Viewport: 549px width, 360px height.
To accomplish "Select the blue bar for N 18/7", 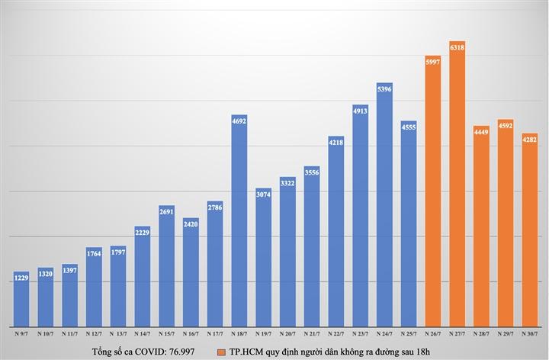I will [239, 221].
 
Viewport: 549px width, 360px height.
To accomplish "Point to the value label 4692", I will [239, 120].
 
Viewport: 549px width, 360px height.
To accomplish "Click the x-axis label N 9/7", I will [22, 333].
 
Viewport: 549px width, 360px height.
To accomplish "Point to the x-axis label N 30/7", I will [530, 333].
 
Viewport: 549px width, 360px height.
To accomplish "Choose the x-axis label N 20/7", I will [287, 333].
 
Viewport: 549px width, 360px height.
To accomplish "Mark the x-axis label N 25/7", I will [409, 333].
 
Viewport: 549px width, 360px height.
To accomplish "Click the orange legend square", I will [220, 351].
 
